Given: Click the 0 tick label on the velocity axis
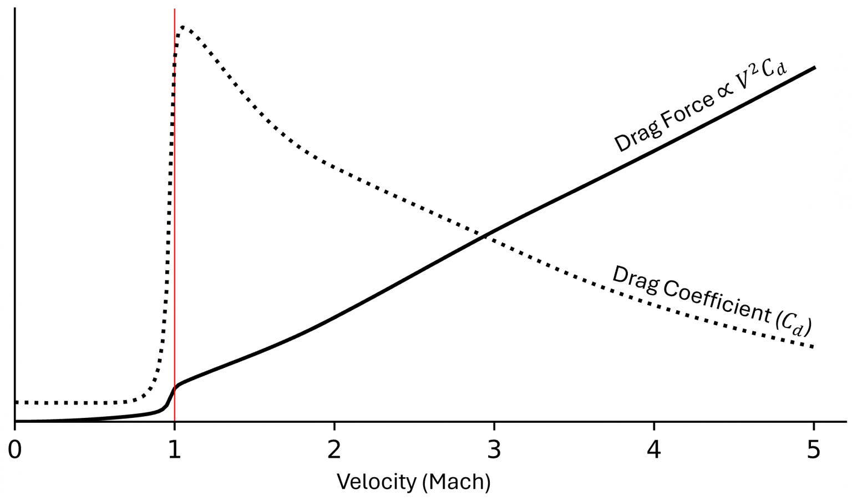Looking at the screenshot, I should pyautogui.click(x=15, y=450).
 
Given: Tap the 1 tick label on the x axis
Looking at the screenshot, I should pyautogui.click(x=175, y=450).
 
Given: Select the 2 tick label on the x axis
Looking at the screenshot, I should pyautogui.click(x=334, y=450).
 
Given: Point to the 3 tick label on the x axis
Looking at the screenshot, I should pyautogui.click(x=494, y=450).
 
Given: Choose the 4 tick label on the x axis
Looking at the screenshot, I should pyautogui.click(x=654, y=450).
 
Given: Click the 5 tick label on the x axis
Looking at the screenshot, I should pyautogui.click(x=814, y=450).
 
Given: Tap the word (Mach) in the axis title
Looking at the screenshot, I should pyautogui.click(x=456, y=482).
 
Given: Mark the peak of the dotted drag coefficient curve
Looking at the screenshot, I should pyautogui.click(x=182, y=27).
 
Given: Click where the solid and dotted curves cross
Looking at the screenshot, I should pyautogui.click(x=485, y=235).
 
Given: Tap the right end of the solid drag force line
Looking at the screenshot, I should pyautogui.click(x=814, y=67).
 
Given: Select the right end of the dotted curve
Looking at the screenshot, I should pyautogui.click(x=814, y=347).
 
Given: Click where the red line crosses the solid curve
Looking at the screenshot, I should pyautogui.click(x=175, y=387).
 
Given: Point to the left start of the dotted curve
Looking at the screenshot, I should pyautogui.click(x=17, y=402).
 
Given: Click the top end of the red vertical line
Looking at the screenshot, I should pyautogui.click(x=175, y=9).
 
